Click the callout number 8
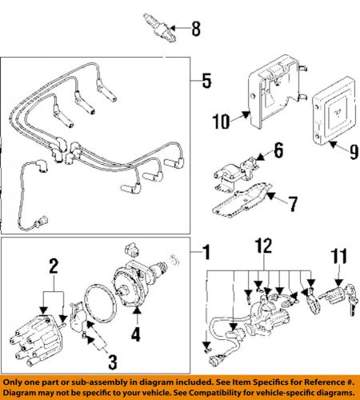pos(194,32)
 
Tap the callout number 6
pos(278,150)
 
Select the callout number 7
pos(293,205)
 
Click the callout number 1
pos(206,256)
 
